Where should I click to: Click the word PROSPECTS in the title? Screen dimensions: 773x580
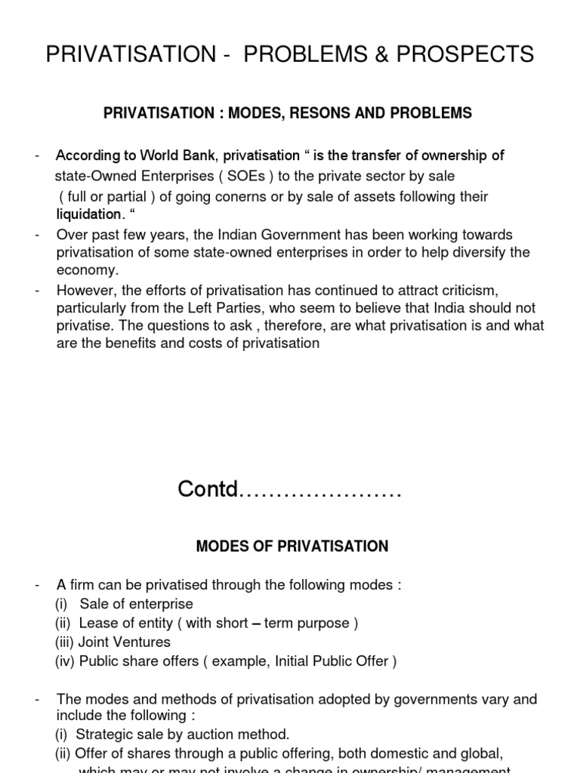coord(467,54)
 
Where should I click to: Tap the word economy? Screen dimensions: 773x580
coord(87,270)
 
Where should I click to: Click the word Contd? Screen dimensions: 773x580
coord(207,490)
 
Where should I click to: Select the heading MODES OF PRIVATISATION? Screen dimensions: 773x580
coord(292,547)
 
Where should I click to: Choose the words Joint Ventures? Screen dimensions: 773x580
coord(125,642)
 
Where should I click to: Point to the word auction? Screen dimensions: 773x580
coord(210,735)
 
